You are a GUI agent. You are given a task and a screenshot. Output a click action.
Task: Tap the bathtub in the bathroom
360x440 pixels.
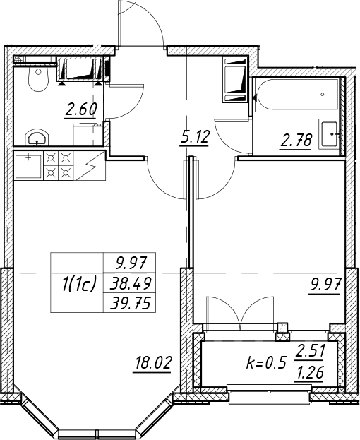click(x=298, y=95)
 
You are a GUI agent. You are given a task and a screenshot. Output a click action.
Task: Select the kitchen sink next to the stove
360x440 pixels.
click(x=28, y=165)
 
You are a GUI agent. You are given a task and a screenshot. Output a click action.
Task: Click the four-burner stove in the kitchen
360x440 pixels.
click(x=59, y=165)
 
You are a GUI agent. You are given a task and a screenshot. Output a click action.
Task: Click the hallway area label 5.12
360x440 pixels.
click(x=195, y=138)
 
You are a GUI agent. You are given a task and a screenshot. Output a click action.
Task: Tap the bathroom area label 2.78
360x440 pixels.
click(x=295, y=141)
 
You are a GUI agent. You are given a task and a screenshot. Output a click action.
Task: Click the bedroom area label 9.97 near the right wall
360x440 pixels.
click(x=325, y=285)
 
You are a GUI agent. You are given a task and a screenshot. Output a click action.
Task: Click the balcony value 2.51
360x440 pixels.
click(x=309, y=351)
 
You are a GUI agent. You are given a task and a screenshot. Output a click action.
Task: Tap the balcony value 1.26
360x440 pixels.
click(x=309, y=373)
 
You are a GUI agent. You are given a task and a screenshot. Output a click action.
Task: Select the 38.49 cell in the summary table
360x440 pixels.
click(x=131, y=283)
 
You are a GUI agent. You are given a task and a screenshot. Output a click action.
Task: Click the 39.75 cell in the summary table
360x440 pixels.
click(x=131, y=303)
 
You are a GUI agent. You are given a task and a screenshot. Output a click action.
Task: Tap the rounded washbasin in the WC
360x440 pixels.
click(x=37, y=138)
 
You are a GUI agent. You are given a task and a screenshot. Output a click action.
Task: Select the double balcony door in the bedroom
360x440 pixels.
click(x=240, y=312)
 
